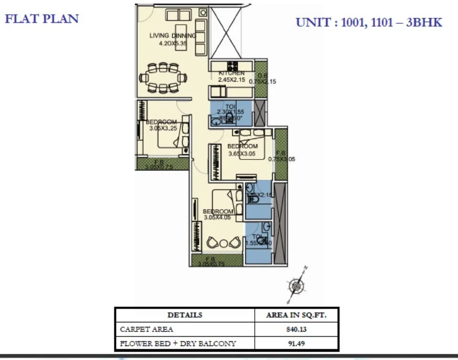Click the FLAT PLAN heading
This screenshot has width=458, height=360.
pyautogui.click(x=42, y=19)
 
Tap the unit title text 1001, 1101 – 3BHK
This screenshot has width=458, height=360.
pyautogui.click(x=369, y=22)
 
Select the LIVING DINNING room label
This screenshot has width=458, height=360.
pyautogui.click(x=172, y=35)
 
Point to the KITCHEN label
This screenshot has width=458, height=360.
pyautogui.click(x=231, y=73)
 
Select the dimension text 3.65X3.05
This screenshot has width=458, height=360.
pyautogui.click(x=242, y=153)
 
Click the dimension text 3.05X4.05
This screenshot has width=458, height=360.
pyautogui.click(x=218, y=217)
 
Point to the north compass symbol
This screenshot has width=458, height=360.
pyautogui.click(x=297, y=286)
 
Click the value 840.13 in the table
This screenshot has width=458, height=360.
pyautogui.click(x=296, y=329)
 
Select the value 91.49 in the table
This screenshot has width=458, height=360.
pyautogui.click(x=296, y=343)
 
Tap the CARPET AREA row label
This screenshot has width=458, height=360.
pyautogui.click(x=146, y=329)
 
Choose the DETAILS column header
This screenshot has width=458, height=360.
pyautogui.click(x=185, y=315)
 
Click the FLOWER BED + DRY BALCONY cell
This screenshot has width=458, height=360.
pyautogui.click(x=177, y=343)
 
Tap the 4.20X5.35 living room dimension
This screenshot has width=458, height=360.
pyautogui.click(x=173, y=42)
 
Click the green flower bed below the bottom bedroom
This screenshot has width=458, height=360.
pyautogui.click(x=217, y=260)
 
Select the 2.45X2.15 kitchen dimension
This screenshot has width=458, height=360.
pyautogui.click(x=231, y=80)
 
